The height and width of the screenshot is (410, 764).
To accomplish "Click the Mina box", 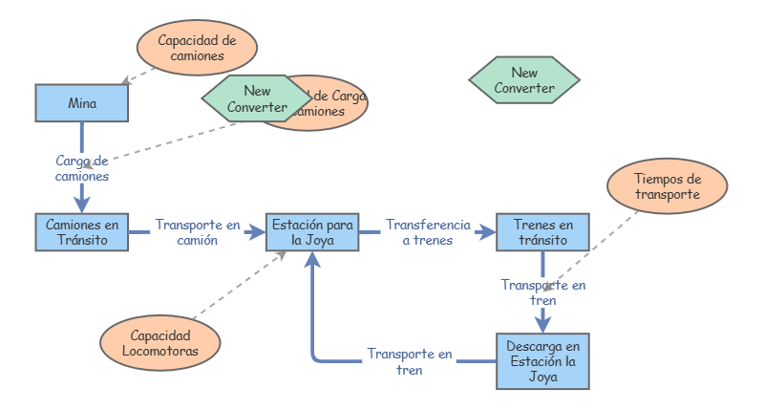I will coord(81,103).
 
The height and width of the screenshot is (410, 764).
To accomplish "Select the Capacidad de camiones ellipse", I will coord(198,49).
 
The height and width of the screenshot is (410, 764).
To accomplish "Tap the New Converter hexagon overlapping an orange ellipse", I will coord(256,100).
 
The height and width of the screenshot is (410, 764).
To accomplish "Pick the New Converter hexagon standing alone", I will coord(524,80).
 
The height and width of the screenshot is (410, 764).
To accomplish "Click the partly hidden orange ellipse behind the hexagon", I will coord(339,103).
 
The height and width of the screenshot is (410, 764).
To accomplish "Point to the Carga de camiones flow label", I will coord(82,169).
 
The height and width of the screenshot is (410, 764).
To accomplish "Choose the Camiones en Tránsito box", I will coord(82,232).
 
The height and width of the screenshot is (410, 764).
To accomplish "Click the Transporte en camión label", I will coord(198,232).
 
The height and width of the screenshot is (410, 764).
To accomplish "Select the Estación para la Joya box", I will coord(312,232).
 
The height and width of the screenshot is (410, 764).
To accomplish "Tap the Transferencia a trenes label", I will coord(428,232).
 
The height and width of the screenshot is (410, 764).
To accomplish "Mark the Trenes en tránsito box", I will coord(542,232).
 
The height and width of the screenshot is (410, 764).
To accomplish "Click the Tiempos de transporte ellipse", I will coord(668,186).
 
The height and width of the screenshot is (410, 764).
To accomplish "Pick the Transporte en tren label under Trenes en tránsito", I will coord(543,292).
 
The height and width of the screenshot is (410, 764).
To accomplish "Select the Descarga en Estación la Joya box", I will coord(542,360).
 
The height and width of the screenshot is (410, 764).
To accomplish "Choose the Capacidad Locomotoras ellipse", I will coord(161,342).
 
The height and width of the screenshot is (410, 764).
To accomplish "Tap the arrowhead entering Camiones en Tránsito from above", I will coord(82,205).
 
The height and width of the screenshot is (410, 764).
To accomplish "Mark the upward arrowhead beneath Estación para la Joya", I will coord(312,260).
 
